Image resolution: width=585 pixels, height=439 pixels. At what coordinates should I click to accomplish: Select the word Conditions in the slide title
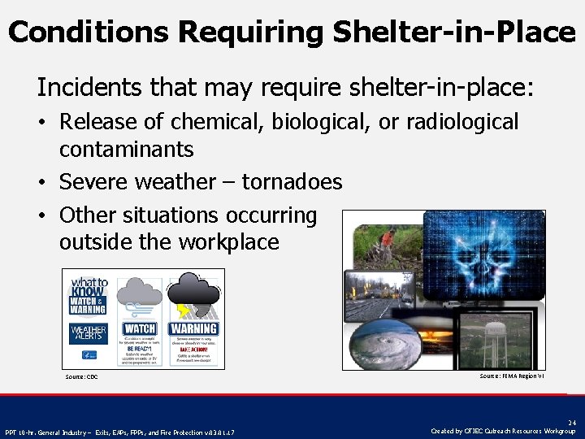pos(89,33)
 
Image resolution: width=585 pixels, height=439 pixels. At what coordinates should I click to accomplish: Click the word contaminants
pos(126,150)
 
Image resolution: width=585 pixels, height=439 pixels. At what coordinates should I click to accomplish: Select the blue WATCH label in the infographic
pos(140,328)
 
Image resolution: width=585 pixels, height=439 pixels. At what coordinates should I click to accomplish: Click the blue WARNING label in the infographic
pos(193,328)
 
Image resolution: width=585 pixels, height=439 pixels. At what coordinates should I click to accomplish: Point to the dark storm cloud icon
pos(195,289)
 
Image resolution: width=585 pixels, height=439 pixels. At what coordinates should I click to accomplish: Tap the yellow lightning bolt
pos(187,310)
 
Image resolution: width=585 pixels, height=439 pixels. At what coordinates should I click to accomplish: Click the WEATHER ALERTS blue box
pos(88,333)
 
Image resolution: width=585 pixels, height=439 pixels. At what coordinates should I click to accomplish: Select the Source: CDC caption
pos(81,377)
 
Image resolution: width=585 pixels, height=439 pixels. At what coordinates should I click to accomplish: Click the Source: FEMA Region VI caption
pos(511,376)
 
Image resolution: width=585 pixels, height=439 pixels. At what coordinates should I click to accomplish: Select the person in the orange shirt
pos(388,238)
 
